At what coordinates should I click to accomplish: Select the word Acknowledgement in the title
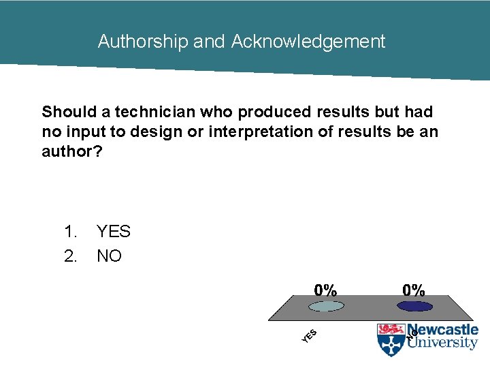[308, 42]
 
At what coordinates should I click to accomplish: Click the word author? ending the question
[72, 151]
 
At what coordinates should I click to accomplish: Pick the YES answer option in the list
[114, 232]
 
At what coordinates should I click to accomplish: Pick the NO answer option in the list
[109, 257]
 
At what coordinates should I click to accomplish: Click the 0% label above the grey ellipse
[325, 290]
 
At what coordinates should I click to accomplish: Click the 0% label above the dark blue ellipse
[414, 290]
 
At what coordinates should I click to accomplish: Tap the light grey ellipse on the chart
[327, 307]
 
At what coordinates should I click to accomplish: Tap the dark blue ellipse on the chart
[414, 307]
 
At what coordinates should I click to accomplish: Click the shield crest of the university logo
[391, 339]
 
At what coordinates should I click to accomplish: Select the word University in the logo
[442, 343]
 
